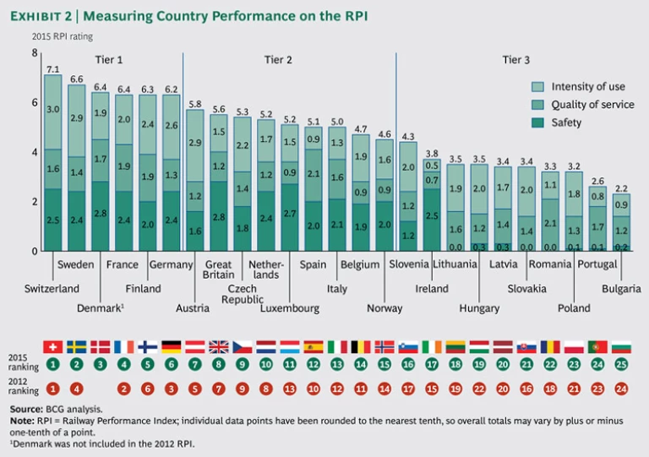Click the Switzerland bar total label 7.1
52,69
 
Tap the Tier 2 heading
278,59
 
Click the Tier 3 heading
516,59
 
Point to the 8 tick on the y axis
35,53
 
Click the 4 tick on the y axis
35,152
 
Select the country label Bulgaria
621,289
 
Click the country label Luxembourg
290,308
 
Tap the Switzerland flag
52,346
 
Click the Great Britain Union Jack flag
219,346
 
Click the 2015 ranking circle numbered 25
621,365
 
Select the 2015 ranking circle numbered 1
52,365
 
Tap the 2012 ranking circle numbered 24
621,389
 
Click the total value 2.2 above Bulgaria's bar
621,188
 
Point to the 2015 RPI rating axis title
63,36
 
